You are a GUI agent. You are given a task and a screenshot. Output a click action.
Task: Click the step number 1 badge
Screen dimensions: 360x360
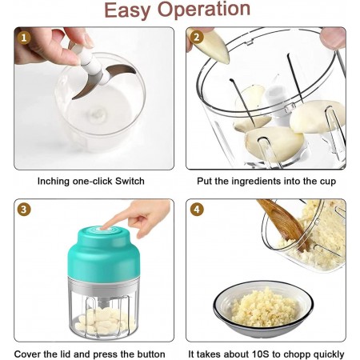point(24,38)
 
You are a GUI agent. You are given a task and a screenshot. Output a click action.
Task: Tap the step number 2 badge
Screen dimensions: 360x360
point(197,37)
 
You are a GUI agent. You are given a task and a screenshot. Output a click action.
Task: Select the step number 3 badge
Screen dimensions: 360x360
point(24,210)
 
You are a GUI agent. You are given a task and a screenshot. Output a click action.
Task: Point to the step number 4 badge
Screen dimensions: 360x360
point(197,210)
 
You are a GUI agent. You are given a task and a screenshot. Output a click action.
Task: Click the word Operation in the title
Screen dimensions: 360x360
point(204,10)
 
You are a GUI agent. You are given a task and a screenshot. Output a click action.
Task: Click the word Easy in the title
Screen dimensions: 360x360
point(127,10)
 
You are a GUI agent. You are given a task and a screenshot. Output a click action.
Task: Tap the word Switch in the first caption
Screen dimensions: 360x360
point(130,181)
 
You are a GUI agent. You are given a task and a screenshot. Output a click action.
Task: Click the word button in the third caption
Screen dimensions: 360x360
point(151,354)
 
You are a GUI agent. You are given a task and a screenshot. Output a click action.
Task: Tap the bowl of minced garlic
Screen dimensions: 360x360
point(263,310)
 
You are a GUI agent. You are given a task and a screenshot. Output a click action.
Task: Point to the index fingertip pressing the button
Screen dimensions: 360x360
point(105,226)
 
